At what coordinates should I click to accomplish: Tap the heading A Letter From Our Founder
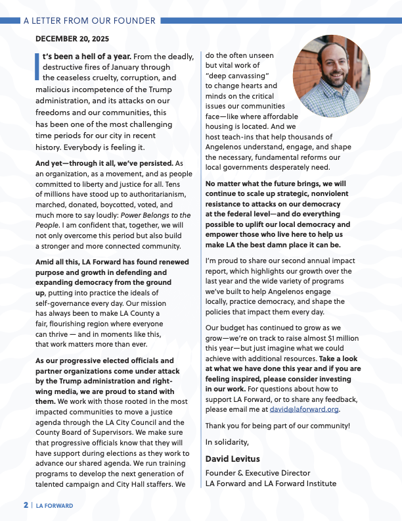[89, 20]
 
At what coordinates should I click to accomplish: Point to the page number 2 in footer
[26, 505]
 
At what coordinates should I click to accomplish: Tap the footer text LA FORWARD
[55, 506]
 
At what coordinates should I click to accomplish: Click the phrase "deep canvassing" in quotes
[234, 76]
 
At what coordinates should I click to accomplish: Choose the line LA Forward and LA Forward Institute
[271, 484]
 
